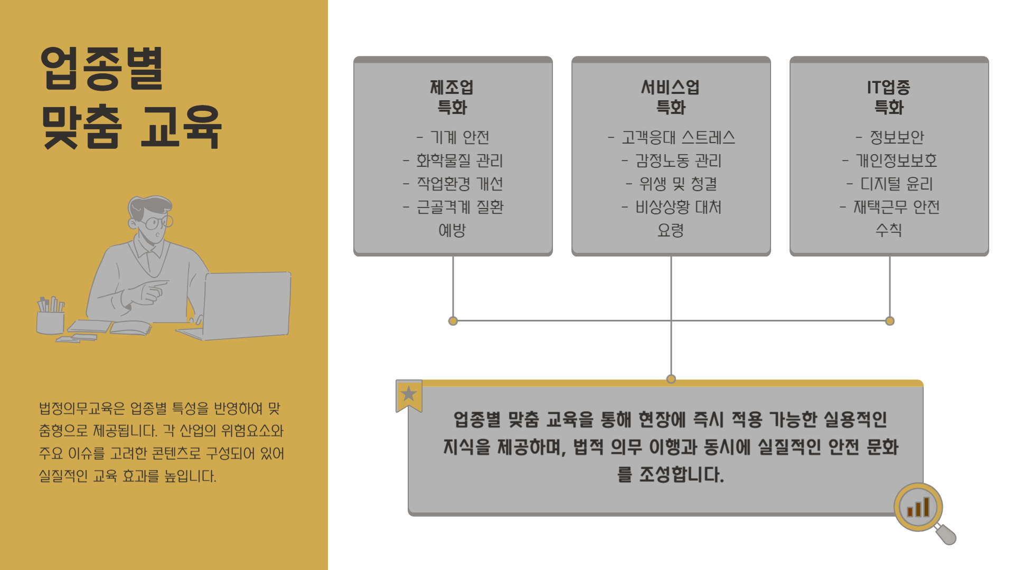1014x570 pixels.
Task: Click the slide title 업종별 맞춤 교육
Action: coord(131,98)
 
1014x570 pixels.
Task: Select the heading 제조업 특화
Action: coord(452,97)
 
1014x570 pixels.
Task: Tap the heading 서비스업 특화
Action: coord(670,97)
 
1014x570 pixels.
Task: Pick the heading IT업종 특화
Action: coord(889,97)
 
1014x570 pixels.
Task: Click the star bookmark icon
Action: coord(409,394)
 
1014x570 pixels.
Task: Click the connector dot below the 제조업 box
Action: coord(453,321)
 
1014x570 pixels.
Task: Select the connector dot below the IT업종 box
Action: coord(890,321)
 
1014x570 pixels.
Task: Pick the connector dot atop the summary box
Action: coord(671,379)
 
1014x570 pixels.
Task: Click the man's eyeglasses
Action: coord(157,223)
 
